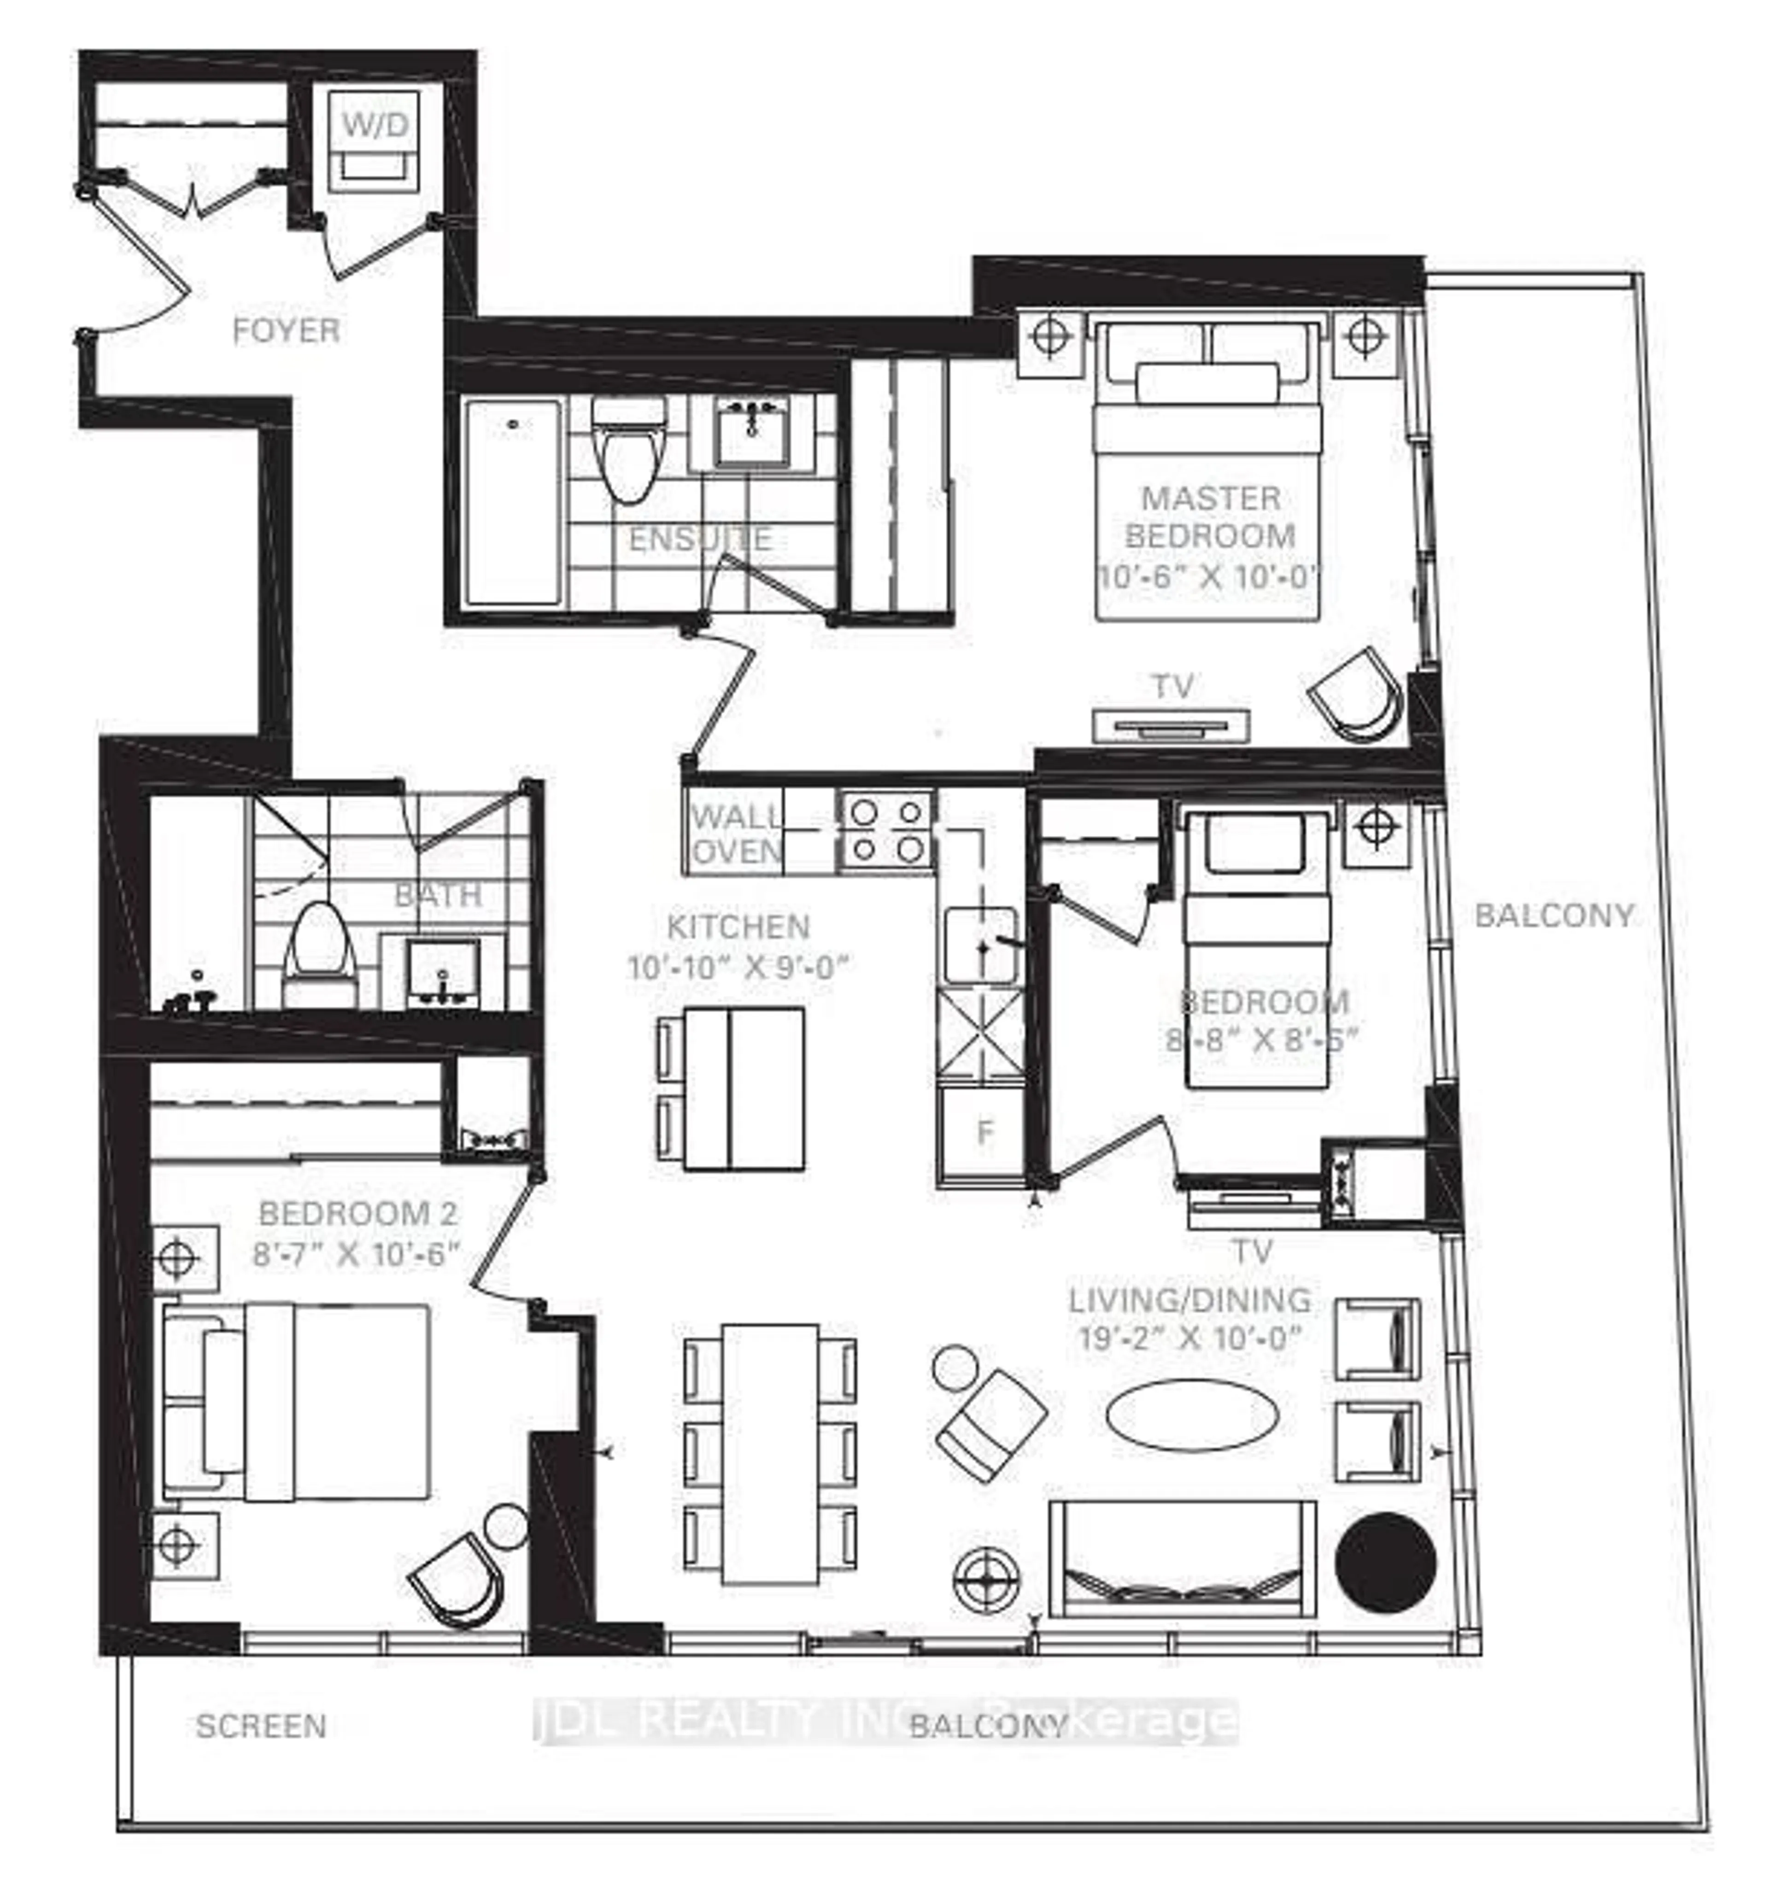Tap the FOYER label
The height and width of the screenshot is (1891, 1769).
285,331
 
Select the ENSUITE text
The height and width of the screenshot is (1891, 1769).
700,538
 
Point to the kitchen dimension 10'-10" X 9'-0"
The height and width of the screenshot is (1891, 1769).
737,967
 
